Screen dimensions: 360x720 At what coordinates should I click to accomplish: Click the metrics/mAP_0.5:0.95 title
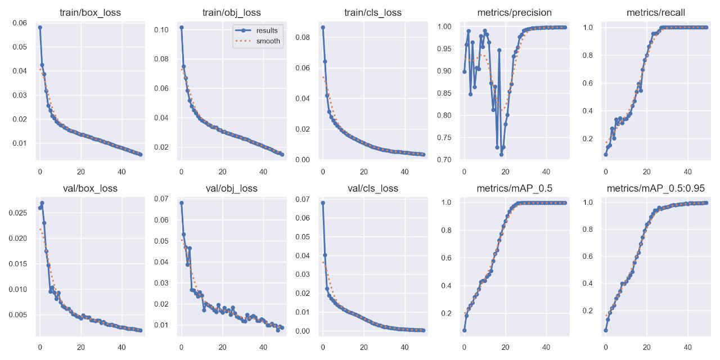pyautogui.click(x=654, y=188)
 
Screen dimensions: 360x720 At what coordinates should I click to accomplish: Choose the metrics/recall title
pyautogui.click(x=654, y=12)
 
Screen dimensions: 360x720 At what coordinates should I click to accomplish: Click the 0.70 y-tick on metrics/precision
pyautogui.click(x=444, y=160)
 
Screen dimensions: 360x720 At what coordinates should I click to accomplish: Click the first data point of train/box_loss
pyautogui.click(x=40, y=27)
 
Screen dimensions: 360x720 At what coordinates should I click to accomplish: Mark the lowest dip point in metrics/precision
pyautogui.click(x=501, y=154)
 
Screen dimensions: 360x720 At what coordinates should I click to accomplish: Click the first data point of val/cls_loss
pyautogui.click(x=323, y=203)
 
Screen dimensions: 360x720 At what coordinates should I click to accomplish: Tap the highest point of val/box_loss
pyautogui.click(x=42, y=203)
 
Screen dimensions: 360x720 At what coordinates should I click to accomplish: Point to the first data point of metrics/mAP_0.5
pyautogui.click(x=464, y=330)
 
